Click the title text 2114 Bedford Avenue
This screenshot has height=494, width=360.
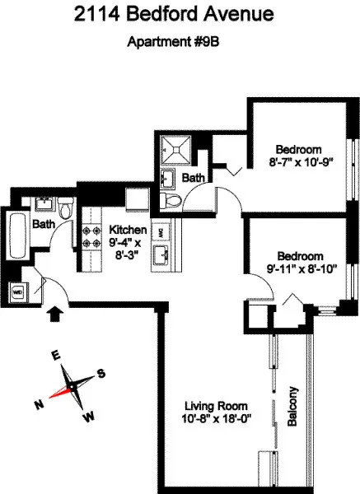(180, 15)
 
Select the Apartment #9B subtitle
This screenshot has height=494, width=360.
(180, 43)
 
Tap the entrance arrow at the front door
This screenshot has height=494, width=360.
(56, 313)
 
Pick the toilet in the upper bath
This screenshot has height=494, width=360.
(172, 201)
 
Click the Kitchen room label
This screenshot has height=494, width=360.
(129, 230)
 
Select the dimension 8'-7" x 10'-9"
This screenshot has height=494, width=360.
(298, 162)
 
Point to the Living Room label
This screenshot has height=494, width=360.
(216, 406)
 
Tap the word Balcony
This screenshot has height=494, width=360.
(292, 406)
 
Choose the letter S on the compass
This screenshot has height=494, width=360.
(101, 373)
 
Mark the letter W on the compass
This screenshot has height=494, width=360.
(86, 417)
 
